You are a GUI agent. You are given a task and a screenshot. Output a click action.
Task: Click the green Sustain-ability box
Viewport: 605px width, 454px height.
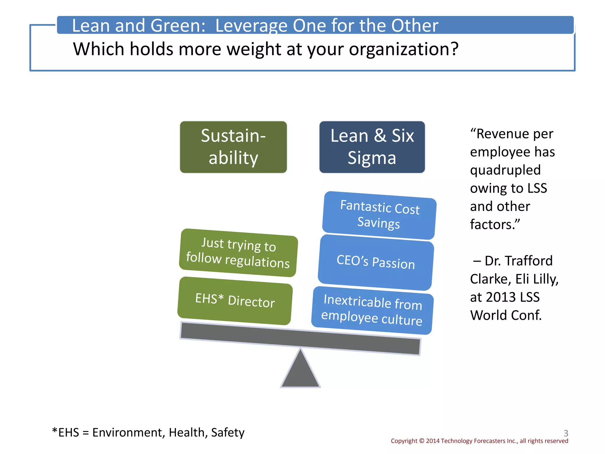tap(233, 147)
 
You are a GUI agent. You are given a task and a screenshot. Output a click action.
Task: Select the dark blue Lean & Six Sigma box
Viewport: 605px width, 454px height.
tap(372, 147)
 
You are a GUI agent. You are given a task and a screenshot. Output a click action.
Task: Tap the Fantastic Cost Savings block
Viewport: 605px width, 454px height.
tap(379, 215)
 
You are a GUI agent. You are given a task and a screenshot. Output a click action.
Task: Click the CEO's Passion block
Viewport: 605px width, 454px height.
tap(376, 262)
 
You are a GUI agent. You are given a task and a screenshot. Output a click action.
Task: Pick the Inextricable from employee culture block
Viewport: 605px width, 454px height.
tap(372, 310)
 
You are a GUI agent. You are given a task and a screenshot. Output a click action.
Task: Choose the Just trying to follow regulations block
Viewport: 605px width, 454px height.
tap(238, 253)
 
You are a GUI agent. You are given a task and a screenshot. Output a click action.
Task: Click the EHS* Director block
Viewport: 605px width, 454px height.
tap(235, 301)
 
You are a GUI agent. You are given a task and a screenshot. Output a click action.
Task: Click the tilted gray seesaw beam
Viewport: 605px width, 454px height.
tap(300, 338)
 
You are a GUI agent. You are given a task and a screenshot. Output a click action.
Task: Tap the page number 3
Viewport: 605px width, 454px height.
tap(566, 433)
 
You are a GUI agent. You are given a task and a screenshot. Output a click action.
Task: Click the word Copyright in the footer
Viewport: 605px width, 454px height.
tap(404, 441)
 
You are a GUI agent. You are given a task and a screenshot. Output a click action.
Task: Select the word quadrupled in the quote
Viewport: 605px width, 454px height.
tap(505, 170)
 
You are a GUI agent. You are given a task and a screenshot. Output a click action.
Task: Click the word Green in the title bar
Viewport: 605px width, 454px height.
tap(178, 25)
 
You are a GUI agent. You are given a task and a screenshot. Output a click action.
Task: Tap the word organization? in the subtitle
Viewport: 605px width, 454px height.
tap(404, 49)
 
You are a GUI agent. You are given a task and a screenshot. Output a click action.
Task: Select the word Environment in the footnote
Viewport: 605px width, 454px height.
tap(127, 432)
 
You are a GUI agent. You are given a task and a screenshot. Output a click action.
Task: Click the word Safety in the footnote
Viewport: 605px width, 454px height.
tap(228, 432)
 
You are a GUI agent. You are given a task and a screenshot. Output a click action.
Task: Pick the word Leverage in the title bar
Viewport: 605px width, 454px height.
tap(251, 25)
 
